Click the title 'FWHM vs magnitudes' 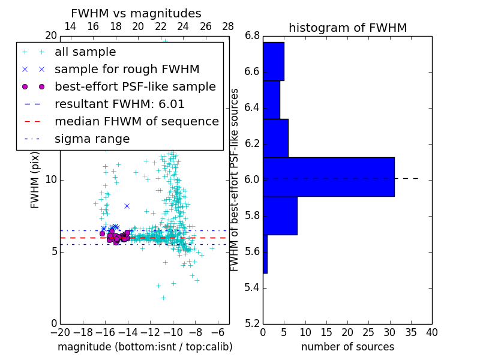136,13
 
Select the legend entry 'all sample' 85,52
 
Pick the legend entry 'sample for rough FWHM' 127,70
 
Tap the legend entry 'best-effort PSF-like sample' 135,87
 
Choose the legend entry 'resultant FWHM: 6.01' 119,104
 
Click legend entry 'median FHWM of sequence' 136,122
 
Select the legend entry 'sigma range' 92,139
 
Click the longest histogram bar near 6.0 328,176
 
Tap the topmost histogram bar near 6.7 273,61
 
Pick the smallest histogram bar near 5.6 265,254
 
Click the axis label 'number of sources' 347,347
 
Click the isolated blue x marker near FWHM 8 127,206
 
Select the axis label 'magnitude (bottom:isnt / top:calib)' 145,347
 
